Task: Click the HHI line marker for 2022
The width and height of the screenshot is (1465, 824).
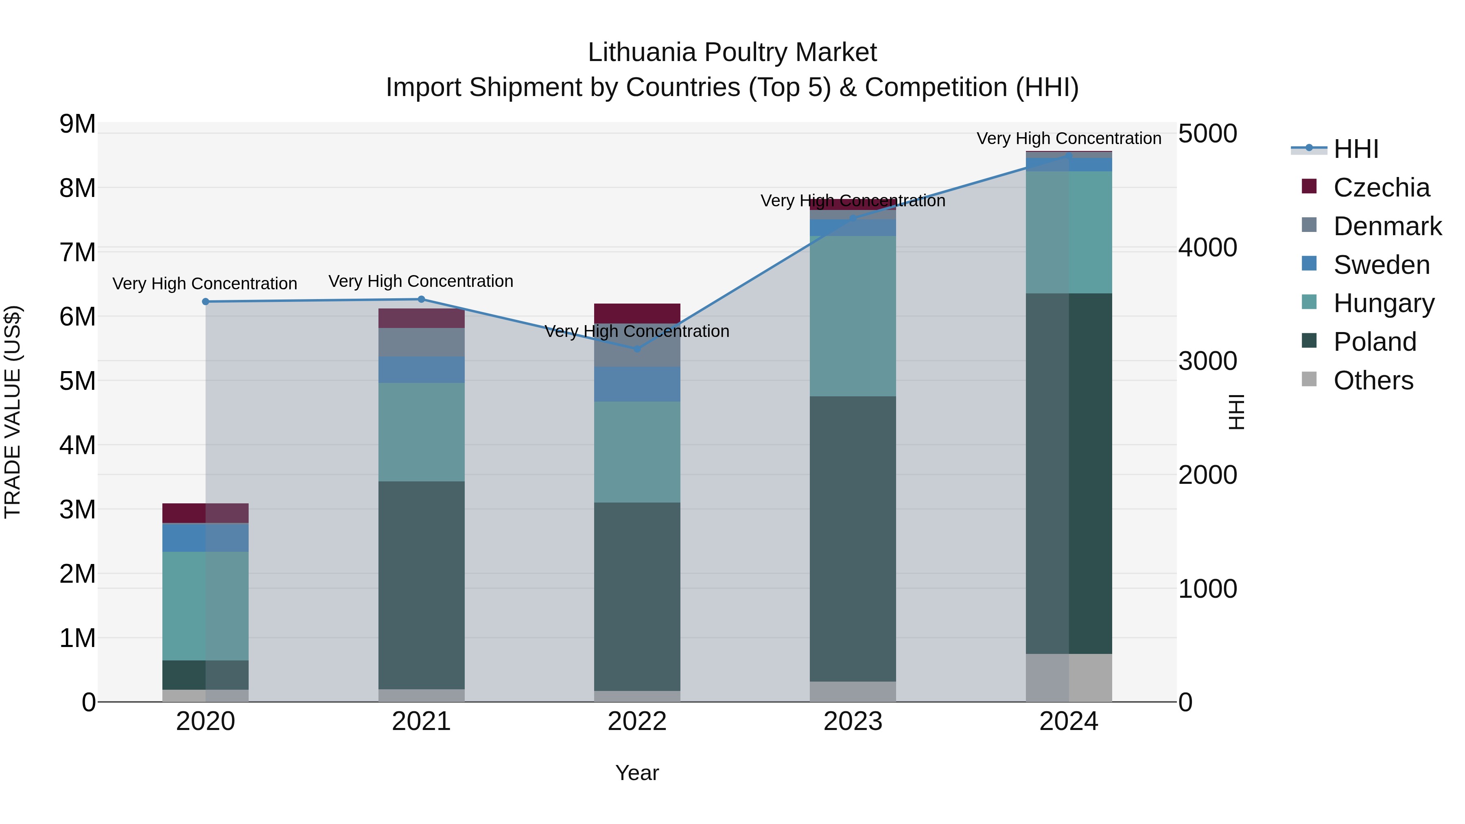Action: coord(637,349)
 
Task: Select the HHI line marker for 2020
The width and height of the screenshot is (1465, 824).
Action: coord(206,302)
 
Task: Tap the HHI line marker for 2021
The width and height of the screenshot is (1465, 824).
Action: coord(422,299)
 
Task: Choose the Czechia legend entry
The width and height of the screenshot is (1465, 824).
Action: coord(1381,188)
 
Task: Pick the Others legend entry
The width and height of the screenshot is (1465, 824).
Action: coord(1373,380)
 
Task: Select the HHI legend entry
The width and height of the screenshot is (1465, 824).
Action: coord(1356,149)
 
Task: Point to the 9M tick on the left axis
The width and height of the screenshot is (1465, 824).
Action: coord(78,124)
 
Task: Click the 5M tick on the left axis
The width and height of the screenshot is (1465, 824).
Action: coord(78,381)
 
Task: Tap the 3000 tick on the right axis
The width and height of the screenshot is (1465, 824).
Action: coord(1207,361)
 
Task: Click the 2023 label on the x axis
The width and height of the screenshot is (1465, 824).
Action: coord(853,721)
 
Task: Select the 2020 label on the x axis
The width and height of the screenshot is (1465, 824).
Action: coord(206,721)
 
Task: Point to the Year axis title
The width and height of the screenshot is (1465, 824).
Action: coord(637,773)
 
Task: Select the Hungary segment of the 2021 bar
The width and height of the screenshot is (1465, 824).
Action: coord(422,432)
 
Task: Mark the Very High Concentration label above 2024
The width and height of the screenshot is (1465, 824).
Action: coord(1069,138)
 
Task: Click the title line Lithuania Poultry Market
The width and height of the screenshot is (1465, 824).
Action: coord(732,52)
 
